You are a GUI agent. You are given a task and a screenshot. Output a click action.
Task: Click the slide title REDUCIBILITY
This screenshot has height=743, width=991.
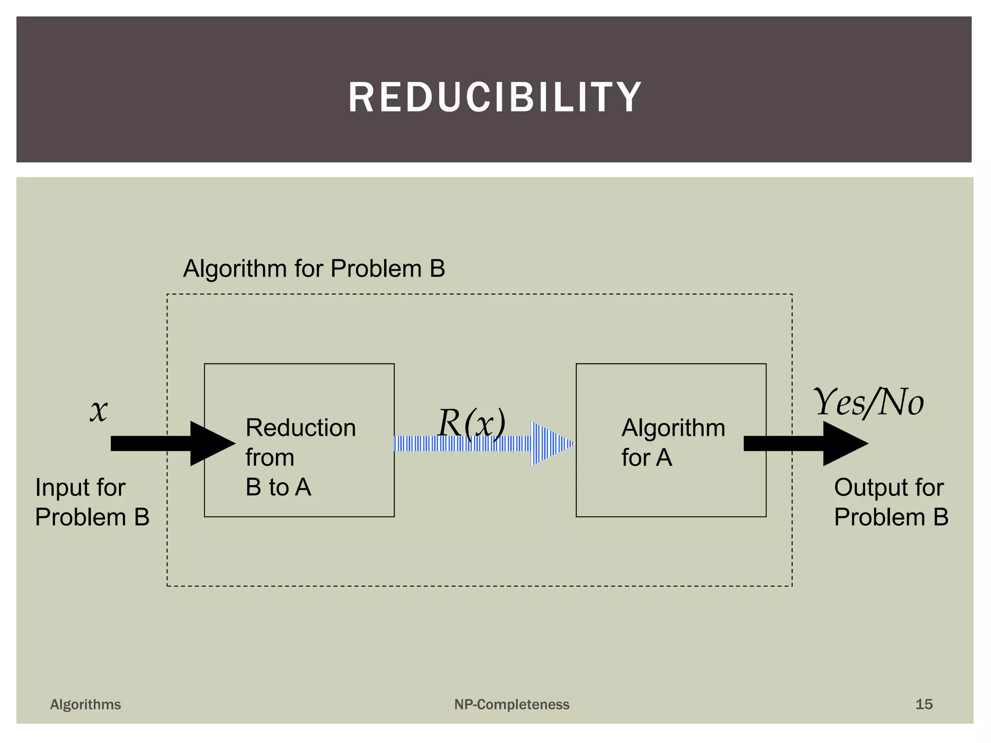click(x=495, y=97)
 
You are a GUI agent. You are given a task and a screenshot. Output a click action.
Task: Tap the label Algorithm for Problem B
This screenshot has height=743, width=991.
click(x=314, y=268)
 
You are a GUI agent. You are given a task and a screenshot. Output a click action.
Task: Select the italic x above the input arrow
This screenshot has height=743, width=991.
click(x=99, y=411)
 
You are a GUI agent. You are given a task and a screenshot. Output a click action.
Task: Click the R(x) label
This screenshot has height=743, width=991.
click(x=471, y=422)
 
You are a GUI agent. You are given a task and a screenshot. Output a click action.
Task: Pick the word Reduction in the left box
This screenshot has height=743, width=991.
click(x=300, y=428)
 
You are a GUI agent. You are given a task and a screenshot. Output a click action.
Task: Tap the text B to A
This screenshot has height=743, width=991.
click(x=278, y=487)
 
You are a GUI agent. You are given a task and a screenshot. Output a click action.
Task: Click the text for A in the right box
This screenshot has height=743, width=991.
click(x=646, y=458)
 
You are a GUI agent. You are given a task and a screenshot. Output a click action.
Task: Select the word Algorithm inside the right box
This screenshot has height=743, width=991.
click(x=673, y=428)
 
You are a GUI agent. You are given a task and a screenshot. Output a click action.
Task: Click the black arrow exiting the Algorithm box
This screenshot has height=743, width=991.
click(x=803, y=444)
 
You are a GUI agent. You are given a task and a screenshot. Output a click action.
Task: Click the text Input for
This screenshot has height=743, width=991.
click(x=80, y=487)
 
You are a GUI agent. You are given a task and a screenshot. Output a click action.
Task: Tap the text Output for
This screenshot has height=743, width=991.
click(x=888, y=487)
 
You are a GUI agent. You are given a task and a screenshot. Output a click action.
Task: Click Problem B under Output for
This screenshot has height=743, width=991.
click(x=891, y=517)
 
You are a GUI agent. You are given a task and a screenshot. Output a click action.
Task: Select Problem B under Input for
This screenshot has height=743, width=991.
click(x=92, y=517)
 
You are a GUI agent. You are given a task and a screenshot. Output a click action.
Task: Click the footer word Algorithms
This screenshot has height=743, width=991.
click(x=86, y=704)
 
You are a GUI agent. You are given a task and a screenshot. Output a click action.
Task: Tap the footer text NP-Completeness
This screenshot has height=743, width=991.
click(x=511, y=704)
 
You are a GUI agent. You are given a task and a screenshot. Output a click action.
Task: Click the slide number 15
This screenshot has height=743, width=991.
click(x=923, y=704)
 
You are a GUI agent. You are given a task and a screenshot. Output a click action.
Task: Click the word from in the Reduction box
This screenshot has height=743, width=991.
click(x=270, y=458)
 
